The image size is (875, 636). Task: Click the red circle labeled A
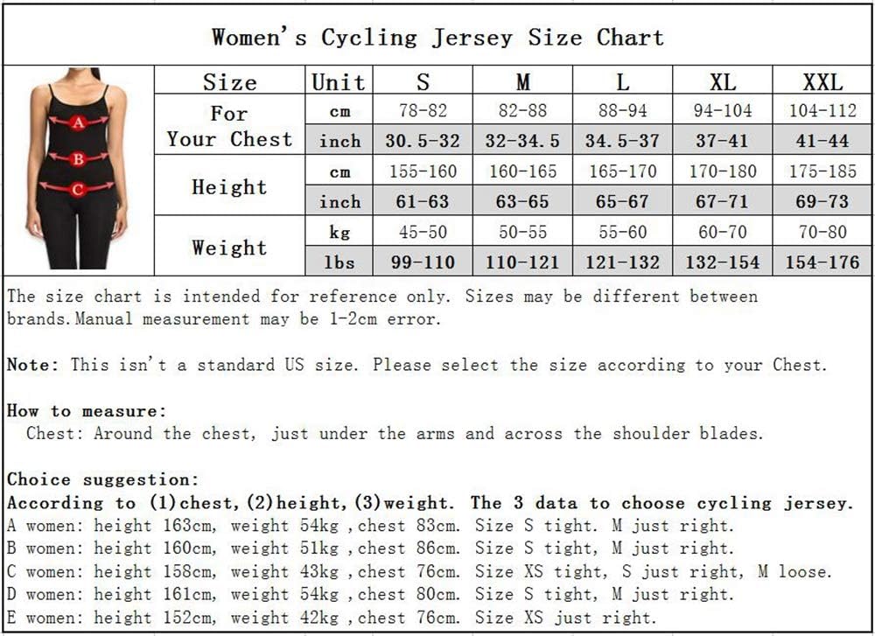point(79,122)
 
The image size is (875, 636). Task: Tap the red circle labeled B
point(79,159)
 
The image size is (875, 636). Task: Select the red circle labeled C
point(78,188)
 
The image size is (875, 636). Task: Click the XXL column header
point(822,82)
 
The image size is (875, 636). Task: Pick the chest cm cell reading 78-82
point(422,111)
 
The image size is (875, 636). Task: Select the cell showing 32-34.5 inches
point(522,140)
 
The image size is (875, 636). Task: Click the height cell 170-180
point(722,171)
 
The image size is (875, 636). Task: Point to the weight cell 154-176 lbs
point(822,262)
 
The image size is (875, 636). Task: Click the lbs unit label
point(339,262)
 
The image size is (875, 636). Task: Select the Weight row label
point(229,248)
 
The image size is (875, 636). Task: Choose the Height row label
point(229,186)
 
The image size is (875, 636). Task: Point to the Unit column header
point(339,82)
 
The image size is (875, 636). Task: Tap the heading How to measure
point(87,410)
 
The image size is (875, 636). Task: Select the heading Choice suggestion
point(103,479)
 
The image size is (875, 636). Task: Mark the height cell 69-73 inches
point(822,201)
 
